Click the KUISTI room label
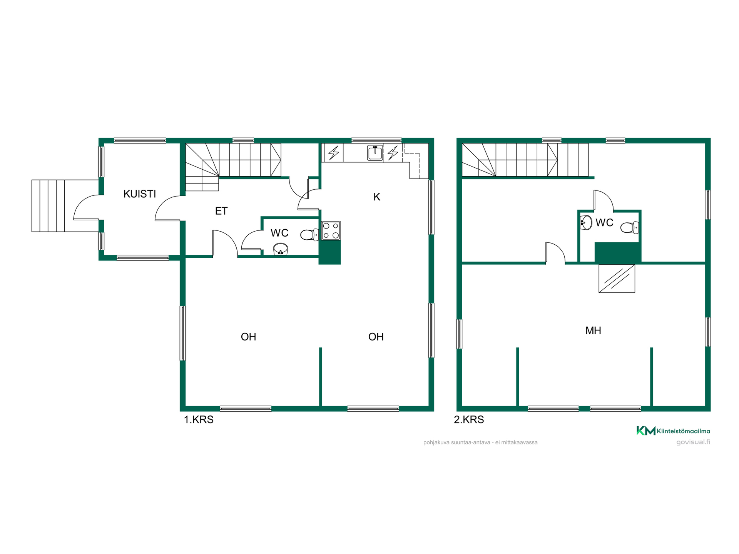point(139,194)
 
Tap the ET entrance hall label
point(221,211)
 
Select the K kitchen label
point(377,197)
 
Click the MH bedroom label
point(593,330)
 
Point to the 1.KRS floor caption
point(199,419)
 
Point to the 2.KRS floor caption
point(469,419)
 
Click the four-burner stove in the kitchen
point(331,230)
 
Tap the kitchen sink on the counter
point(375,153)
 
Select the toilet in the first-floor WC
point(309,234)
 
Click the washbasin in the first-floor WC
point(281,249)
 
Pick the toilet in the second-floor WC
point(630,227)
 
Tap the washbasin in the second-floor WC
point(586,222)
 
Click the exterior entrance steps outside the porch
point(48,206)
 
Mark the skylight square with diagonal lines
point(617,278)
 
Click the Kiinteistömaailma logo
point(673,431)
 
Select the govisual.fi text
point(693,442)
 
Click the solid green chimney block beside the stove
point(330,252)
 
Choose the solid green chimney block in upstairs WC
point(618,253)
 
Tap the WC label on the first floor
point(279,233)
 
